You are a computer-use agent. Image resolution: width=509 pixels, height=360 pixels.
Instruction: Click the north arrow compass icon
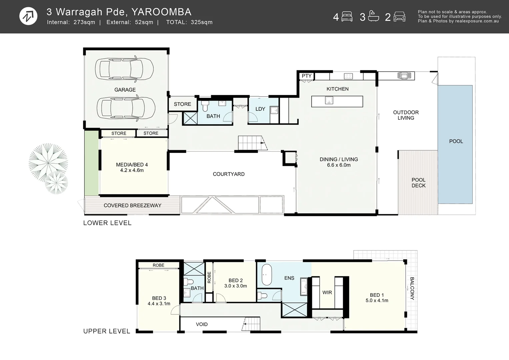tap(28, 16)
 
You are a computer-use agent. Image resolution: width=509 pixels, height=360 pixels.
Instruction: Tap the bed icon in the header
tap(347, 17)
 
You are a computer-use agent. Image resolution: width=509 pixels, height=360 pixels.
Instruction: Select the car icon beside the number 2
tap(399, 17)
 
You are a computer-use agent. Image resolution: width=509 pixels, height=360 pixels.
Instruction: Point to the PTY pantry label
tap(306, 76)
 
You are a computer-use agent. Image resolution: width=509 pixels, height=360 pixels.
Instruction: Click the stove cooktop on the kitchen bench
tap(348, 76)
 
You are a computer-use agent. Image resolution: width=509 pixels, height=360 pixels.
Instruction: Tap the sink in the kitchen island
tap(329, 100)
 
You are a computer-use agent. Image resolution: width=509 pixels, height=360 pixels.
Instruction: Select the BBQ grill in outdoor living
tap(404, 76)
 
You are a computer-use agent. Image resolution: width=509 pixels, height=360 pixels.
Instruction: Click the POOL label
tap(456, 141)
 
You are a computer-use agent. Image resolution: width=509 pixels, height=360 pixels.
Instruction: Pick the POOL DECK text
tap(418, 183)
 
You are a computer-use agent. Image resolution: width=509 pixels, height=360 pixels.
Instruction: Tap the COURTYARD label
tap(229, 174)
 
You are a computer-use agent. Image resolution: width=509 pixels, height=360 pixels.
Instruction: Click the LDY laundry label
tap(260, 109)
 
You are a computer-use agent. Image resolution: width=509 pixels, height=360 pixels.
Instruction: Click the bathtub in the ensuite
tap(267, 275)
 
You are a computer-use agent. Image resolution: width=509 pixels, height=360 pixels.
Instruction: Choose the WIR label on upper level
tap(327, 292)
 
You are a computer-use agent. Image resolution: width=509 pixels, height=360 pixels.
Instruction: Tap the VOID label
tap(202, 324)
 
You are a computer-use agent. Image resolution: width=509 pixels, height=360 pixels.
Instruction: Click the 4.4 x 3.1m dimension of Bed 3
tap(159, 304)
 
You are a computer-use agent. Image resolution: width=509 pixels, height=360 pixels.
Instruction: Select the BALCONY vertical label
tap(412, 288)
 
